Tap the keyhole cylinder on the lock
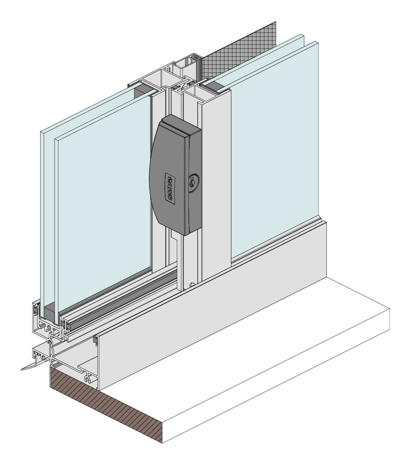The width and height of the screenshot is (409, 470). tap(192, 182)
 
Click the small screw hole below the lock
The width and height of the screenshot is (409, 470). tap(192, 285)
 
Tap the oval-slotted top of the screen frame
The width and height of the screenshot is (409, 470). tap(195, 57)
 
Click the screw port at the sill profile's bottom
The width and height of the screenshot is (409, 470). tap(87, 378)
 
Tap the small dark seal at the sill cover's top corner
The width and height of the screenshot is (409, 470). tap(96, 340)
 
